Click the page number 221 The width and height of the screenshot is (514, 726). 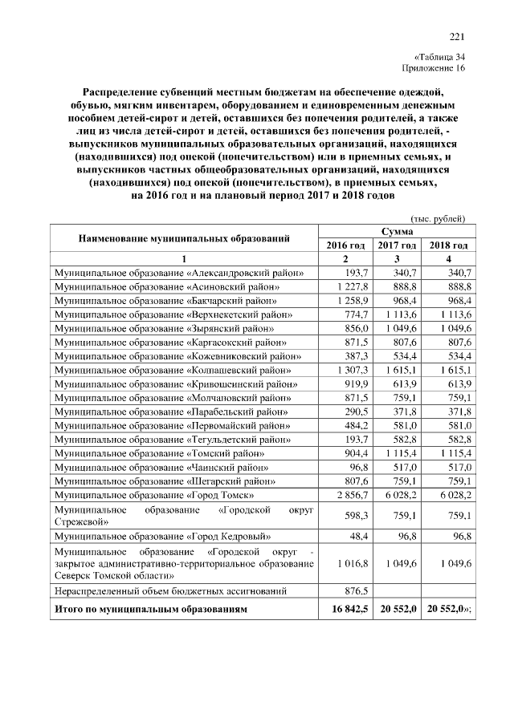(x=457, y=35)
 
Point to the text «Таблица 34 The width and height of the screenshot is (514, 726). (x=439, y=56)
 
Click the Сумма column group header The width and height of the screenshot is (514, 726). (x=396, y=231)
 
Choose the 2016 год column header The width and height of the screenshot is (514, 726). (x=345, y=245)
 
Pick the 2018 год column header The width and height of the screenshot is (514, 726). (x=448, y=245)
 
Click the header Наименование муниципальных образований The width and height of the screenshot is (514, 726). (x=184, y=238)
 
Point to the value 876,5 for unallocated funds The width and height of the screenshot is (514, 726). (x=354, y=591)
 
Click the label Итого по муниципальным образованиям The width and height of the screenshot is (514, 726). (x=151, y=610)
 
